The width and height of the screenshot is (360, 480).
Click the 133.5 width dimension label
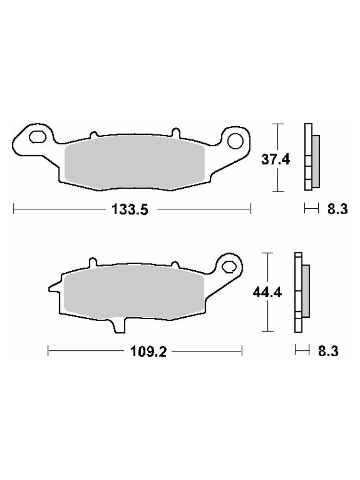[x=130, y=210]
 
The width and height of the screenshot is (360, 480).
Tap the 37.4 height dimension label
[x=276, y=159]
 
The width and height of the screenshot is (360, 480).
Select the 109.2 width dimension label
[x=148, y=352]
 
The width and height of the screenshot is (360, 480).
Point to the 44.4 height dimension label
[x=267, y=293]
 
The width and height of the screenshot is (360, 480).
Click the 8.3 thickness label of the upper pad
[x=337, y=209]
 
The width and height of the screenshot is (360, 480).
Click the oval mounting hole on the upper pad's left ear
[x=37, y=136]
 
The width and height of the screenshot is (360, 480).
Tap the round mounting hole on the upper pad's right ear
[x=235, y=140]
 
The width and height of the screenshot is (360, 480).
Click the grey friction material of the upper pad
[x=135, y=161]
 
